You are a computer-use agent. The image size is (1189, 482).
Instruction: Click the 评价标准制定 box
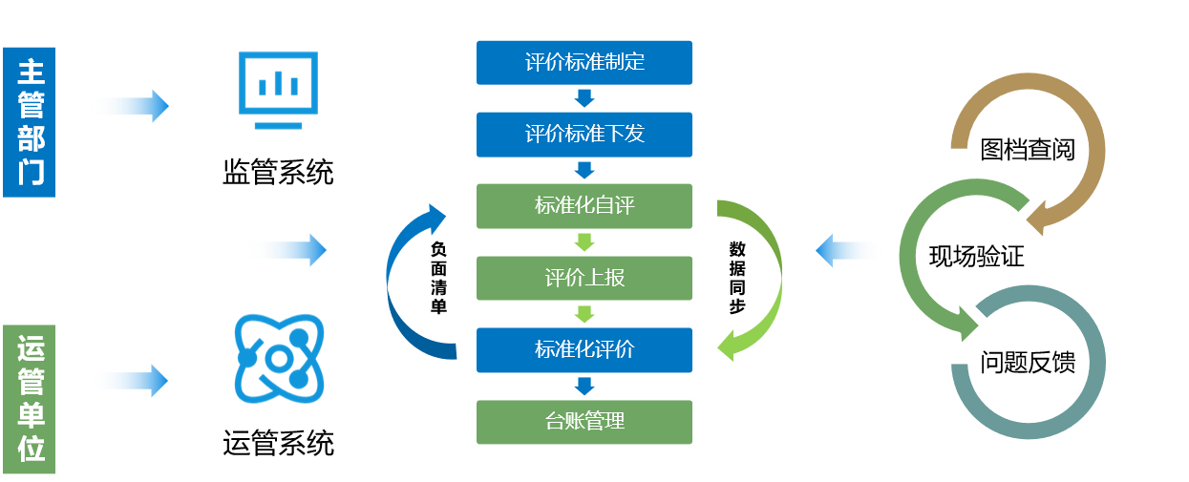(x=584, y=62)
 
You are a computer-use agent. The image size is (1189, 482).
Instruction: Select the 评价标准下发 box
(x=584, y=134)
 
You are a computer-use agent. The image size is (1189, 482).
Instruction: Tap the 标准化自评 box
(x=584, y=205)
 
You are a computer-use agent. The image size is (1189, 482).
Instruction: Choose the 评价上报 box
(x=584, y=278)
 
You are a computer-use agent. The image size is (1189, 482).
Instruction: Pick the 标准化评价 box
(x=584, y=349)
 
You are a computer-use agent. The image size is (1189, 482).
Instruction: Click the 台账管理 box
(x=584, y=421)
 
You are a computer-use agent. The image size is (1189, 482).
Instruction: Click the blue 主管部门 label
(x=30, y=121)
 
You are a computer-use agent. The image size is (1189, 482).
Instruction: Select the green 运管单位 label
(x=30, y=399)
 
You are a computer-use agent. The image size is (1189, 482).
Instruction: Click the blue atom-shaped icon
(x=279, y=358)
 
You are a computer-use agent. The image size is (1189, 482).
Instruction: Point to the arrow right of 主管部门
(x=128, y=105)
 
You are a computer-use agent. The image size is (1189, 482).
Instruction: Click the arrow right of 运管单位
(x=128, y=381)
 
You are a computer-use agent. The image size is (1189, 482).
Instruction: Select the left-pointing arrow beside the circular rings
(x=849, y=251)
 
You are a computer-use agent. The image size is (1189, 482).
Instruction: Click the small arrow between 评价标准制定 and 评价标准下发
(x=584, y=97)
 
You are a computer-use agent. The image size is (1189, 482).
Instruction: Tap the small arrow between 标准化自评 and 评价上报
(x=584, y=241)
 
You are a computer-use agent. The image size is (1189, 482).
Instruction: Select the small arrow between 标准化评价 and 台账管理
(x=584, y=386)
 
